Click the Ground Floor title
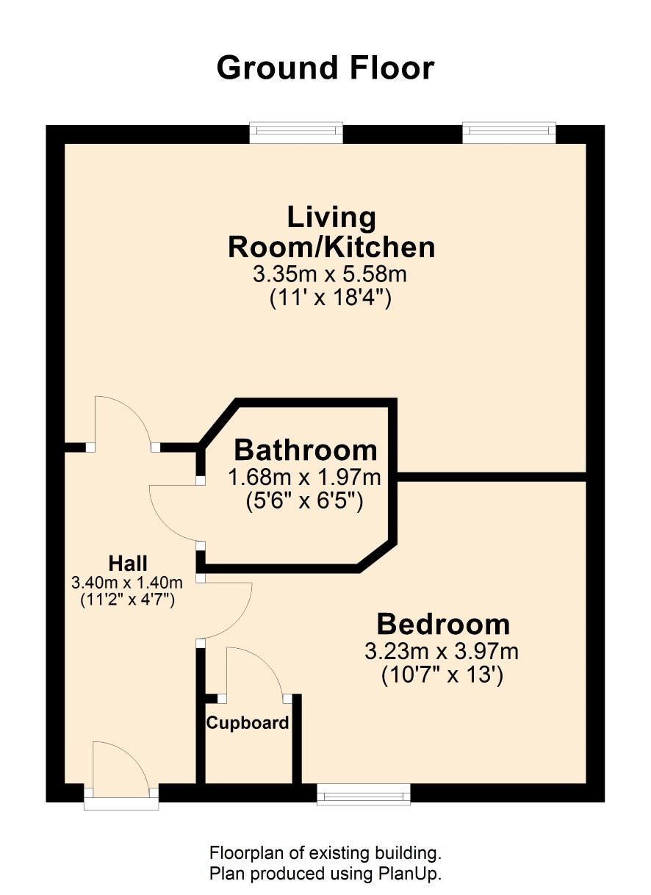(325, 68)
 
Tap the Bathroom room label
(306, 450)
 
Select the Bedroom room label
(443, 625)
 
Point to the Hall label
(128, 564)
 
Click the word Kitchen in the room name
(379, 248)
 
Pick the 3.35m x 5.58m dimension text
(330, 275)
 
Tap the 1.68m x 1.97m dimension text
(304, 477)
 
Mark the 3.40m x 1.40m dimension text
(127, 583)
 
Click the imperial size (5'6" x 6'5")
(304, 501)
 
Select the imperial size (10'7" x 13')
(442, 675)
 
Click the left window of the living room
(296, 132)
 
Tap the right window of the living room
(509, 132)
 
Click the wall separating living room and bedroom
(492, 477)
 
